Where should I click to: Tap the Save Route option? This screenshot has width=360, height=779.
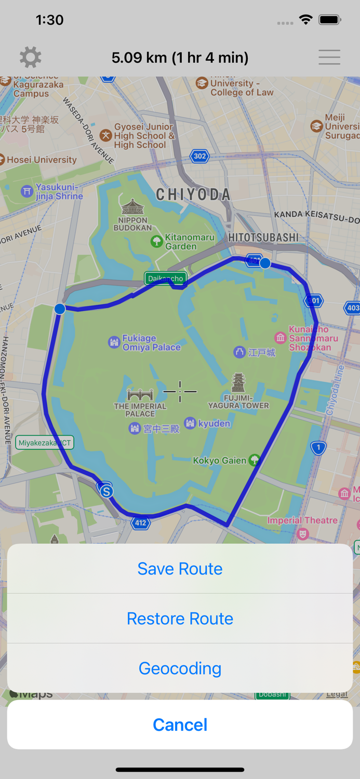point(180,569)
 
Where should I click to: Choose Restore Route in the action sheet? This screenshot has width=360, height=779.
point(180,619)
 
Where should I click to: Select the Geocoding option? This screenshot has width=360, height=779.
point(180,668)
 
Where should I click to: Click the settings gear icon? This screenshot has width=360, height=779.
point(31,57)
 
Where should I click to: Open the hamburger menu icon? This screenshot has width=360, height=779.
point(329,57)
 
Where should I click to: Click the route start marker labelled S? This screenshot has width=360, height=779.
point(106,491)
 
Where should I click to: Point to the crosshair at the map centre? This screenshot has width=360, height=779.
point(180,391)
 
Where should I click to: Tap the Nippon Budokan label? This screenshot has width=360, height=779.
point(132,224)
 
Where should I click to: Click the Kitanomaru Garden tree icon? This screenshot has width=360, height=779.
point(156,241)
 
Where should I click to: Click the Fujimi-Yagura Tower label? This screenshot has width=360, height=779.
point(239,401)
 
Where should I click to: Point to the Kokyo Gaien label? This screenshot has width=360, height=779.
point(219,461)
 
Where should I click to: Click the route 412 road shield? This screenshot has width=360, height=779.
point(141,523)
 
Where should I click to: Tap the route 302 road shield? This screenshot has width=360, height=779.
point(199,156)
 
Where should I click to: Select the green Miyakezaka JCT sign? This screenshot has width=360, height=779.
point(45,443)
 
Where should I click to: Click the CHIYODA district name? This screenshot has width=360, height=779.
point(193,195)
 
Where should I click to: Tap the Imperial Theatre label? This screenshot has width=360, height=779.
point(302,520)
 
